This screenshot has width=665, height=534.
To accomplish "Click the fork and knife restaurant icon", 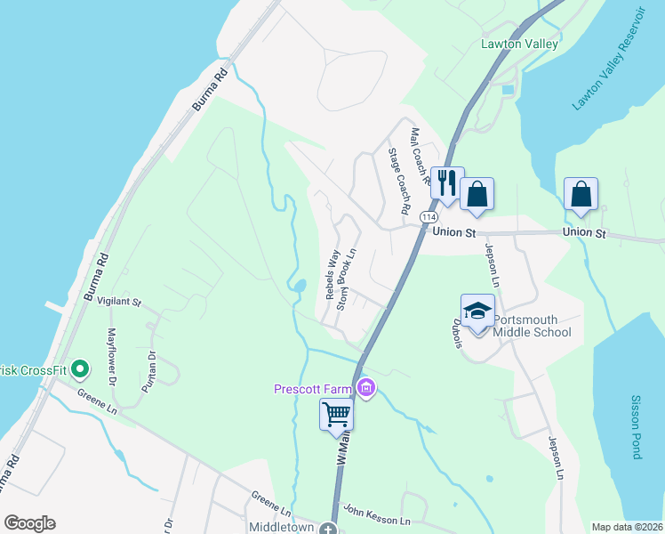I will pyautogui.click(x=446, y=184).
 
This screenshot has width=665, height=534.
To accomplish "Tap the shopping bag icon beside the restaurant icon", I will pyautogui.click(x=477, y=194).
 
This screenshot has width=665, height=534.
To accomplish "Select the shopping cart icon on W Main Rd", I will pyautogui.click(x=336, y=415).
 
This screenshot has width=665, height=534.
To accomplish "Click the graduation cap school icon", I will pyautogui.click(x=477, y=311).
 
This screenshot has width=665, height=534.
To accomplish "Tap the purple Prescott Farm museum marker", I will pyautogui.click(x=365, y=388).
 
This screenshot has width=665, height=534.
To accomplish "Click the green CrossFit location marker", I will pyautogui.click(x=79, y=368).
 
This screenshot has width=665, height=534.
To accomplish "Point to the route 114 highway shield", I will pyautogui.click(x=429, y=216).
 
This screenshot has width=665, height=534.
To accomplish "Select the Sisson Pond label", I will pyautogui.click(x=636, y=427).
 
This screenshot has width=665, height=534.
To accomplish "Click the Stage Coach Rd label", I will pyautogui.click(x=397, y=182).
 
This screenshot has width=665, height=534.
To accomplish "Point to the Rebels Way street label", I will pyautogui.click(x=332, y=275).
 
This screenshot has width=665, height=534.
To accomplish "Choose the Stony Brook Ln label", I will pyautogui.click(x=346, y=279).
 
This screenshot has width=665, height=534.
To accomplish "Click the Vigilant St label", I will pyautogui.click(x=119, y=303).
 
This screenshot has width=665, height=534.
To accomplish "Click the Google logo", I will pyautogui.click(x=29, y=523).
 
